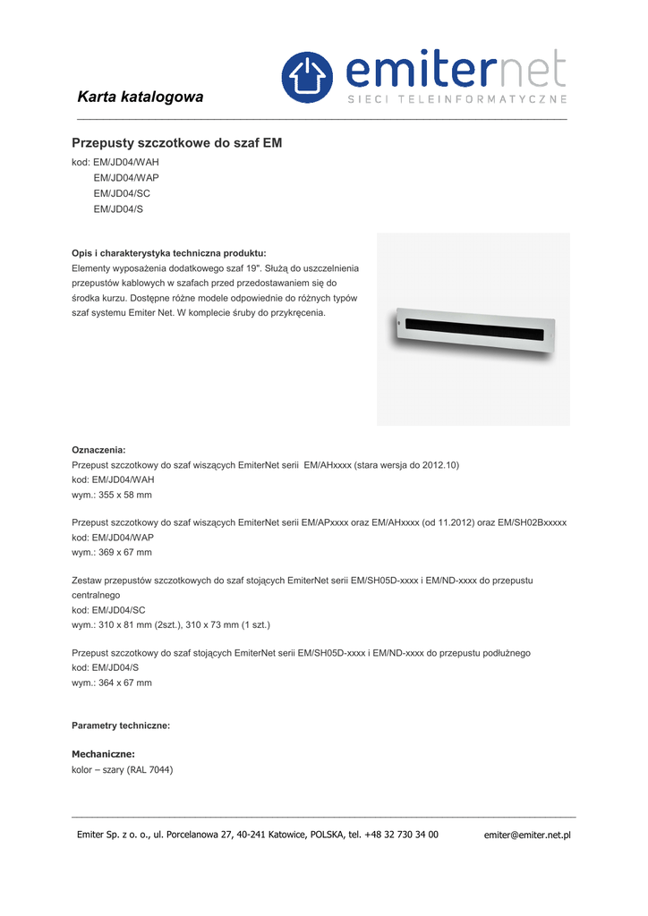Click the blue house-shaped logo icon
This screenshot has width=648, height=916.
307,77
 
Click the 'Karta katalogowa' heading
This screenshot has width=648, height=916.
141,97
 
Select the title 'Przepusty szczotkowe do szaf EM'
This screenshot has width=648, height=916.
176,143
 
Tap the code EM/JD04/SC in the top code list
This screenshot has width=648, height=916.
122,193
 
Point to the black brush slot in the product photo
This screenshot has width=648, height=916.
471,328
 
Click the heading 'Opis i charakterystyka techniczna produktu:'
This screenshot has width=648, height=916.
168,253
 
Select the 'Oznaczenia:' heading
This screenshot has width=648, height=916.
98,450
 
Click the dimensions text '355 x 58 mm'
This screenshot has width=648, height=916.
125,495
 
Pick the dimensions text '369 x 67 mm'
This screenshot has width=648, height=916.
125,552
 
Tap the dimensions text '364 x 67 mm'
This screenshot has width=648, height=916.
125,683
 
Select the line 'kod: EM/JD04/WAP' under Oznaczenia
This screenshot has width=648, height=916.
113,538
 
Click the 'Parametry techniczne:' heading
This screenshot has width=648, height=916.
121,725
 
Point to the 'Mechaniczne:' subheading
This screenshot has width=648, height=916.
103,754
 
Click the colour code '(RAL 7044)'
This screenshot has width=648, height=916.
149,769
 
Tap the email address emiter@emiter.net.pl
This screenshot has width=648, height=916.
527,835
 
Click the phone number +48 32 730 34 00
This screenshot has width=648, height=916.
402,835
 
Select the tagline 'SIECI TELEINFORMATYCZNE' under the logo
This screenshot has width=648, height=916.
456,98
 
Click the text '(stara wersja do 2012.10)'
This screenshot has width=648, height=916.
407,466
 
